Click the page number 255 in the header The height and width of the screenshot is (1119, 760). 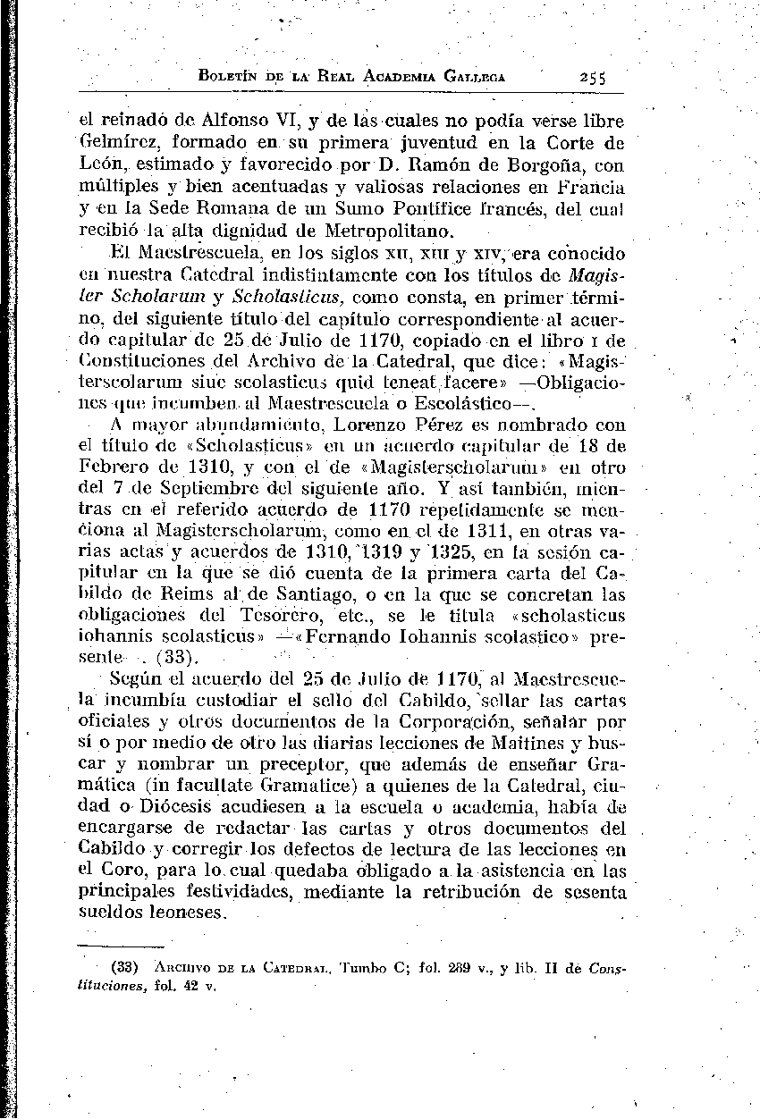coord(591,78)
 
